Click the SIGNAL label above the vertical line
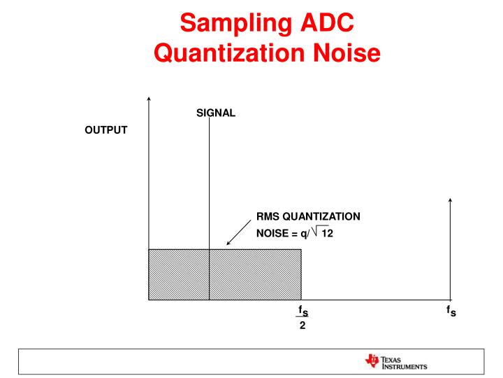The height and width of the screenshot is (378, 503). tap(216, 111)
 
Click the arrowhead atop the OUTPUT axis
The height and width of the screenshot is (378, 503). tap(148, 99)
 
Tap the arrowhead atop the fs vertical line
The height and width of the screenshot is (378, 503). tap(451, 202)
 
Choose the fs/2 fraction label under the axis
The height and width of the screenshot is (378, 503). tap(302, 316)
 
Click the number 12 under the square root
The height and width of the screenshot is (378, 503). tap(327, 234)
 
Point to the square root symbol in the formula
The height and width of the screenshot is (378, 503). tap(313, 232)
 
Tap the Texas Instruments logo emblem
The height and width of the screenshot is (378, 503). tap(370, 362)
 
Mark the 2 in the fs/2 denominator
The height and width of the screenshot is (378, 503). tap(302, 325)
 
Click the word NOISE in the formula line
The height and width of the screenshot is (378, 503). tap(272, 234)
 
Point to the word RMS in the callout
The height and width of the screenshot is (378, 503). tap(268, 217)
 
